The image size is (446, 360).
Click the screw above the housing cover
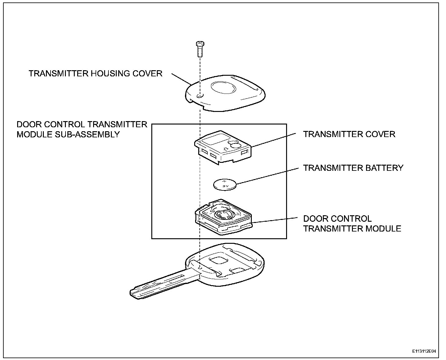(199, 49)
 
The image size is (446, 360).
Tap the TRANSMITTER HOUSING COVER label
(95, 74)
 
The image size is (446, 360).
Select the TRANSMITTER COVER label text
(349, 134)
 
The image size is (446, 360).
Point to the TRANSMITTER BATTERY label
(353, 168)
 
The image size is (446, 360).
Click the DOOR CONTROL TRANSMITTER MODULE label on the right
(352, 224)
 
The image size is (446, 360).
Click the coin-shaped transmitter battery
(225, 185)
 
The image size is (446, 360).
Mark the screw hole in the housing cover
(199, 96)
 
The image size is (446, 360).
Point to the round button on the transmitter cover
(236, 145)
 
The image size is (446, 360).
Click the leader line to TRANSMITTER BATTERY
(266, 176)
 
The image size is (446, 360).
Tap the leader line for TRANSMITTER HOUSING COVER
(181, 79)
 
